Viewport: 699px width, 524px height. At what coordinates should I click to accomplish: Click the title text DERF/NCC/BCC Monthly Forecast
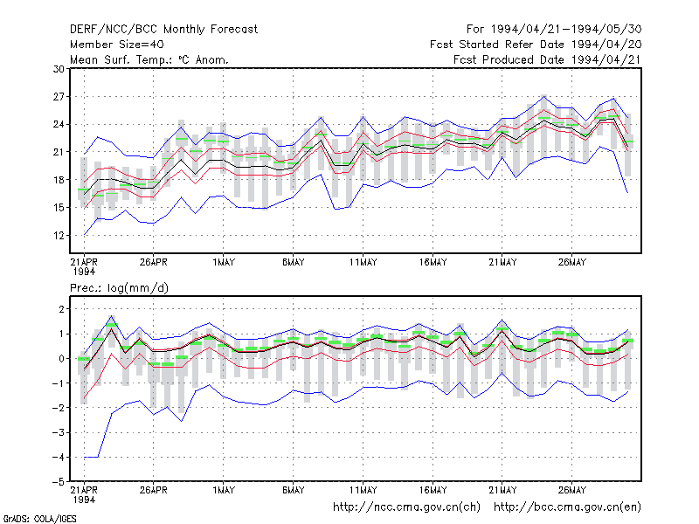pos(163,30)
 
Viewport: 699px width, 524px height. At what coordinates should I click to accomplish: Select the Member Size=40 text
pos(117,45)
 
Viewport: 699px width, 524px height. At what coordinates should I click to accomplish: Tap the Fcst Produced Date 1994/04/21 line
pos(548,59)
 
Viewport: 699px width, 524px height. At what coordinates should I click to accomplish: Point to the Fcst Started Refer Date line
pos(536,45)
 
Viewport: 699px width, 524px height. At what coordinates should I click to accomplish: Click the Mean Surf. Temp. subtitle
pos(149,59)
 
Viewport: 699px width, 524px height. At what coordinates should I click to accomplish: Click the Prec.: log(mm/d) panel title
pos(119,288)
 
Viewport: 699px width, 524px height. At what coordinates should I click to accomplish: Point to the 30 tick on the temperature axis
pos(59,69)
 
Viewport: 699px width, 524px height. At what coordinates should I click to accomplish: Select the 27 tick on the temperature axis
pos(59,97)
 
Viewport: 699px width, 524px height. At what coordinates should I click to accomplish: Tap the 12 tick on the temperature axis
pos(59,235)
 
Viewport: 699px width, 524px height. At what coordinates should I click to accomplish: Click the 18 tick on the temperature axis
pos(59,180)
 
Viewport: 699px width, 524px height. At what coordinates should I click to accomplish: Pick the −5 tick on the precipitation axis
pos(59,482)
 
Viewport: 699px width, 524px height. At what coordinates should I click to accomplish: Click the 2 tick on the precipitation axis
pos(61,309)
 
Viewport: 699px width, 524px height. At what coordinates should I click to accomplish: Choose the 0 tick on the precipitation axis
pos(61,359)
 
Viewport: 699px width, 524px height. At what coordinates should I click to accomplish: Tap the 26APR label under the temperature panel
pos(154,262)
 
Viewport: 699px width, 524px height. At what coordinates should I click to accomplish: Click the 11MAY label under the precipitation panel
pos(363,490)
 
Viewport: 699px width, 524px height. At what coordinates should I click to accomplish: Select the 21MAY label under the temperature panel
pos(502,262)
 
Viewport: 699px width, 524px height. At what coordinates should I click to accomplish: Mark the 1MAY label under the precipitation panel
pos(224,490)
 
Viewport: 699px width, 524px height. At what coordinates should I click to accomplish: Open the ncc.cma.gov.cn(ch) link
pos(406,507)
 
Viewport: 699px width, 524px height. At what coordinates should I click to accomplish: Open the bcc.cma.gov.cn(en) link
pos(567,507)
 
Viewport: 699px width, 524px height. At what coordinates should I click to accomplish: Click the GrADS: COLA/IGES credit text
pos(39,519)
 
